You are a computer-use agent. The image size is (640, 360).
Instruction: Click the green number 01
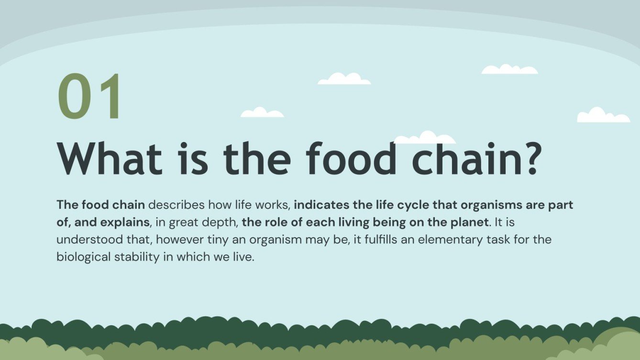coord(90,97)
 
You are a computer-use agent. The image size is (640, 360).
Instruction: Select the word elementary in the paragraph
coord(451,240)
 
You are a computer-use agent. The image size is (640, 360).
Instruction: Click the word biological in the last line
coord(83,257)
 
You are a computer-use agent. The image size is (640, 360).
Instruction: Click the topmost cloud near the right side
coord(509,70)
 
